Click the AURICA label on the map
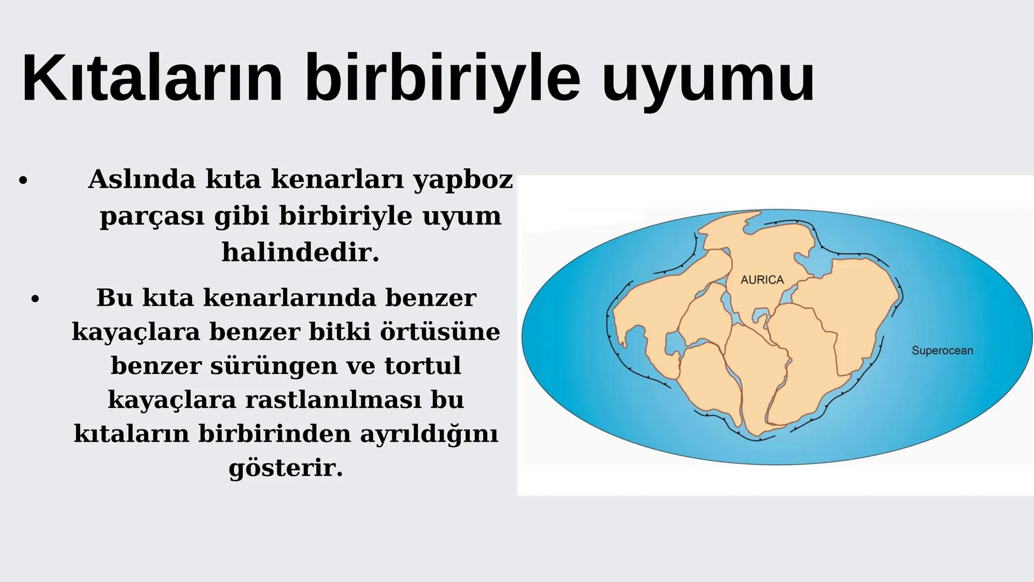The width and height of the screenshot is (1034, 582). (762, 280)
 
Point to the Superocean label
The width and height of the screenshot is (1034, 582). (942, 351)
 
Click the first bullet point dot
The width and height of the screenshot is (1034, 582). (22, 181)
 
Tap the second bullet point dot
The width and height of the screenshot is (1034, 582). (35, 299)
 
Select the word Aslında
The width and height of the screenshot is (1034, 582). (142, 179)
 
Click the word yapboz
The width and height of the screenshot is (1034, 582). (463, 180)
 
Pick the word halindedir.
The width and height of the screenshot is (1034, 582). (301, 252)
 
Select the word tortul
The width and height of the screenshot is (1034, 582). (423, 365)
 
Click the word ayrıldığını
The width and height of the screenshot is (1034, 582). (429, 434)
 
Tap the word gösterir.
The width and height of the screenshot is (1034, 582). (286, 468)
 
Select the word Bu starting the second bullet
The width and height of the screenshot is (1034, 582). (114, 297)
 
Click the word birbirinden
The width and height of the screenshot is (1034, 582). (274, 434)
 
